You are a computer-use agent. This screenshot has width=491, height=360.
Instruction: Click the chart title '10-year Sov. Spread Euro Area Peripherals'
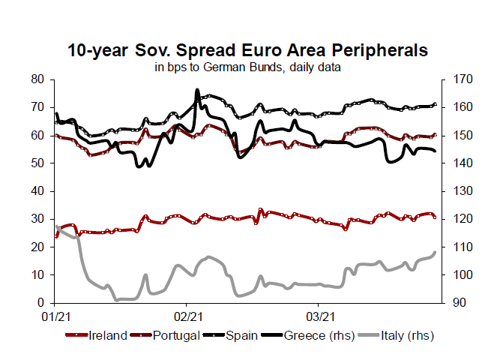(x=247, y=50)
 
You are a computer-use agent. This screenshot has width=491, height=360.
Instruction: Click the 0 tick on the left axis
(x=43, y=303)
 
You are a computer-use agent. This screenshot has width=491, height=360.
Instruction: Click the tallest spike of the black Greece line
(x=197, y=90)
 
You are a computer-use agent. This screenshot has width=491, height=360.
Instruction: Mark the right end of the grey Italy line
(x=436, y=252)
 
